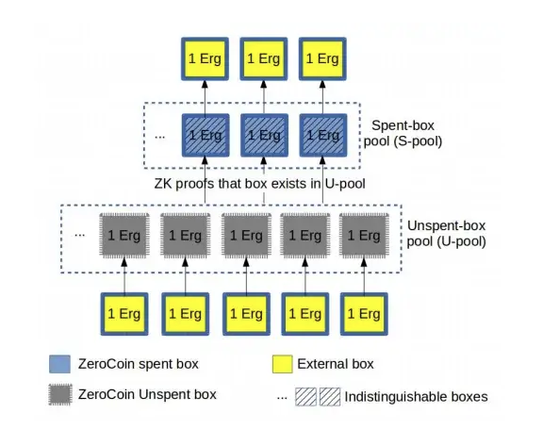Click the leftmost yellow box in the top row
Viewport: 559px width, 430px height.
tap(205, 58)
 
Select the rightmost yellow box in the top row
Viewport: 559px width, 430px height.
tap(322, 58)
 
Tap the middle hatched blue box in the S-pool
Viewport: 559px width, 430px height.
tap(264, 136)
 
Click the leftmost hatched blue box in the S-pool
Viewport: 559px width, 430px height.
tap(206, 136)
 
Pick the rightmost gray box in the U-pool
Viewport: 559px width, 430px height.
tap(364, 236)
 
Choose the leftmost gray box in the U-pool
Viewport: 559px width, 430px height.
tap(124, 236)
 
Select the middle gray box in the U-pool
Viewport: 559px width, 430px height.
tap(246, 236)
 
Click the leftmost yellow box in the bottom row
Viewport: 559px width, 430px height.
tap(124, 314)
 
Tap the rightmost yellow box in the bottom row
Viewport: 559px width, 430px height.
tap(364, 314)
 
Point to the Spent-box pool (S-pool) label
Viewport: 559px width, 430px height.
tap(403, 133)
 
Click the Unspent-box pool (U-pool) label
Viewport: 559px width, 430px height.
tap(446, 234)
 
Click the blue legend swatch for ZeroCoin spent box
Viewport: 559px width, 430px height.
tap(59, 364)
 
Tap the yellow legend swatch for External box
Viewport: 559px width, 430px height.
tap(283, 364)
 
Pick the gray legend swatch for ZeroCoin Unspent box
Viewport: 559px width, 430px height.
tap(60, 395)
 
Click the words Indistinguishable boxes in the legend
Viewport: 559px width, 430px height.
tap(416, 397)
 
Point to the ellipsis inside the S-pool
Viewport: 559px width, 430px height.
tap(159, 137)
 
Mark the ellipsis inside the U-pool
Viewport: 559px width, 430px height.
tap(79, 236)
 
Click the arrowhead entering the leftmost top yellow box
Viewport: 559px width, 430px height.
tap(205, 85)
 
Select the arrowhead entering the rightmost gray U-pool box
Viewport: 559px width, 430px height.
tap(364, 262)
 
